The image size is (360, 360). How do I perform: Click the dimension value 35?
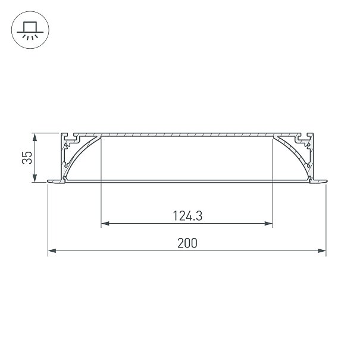coord(27,158)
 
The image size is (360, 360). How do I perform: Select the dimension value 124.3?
coord(187,216)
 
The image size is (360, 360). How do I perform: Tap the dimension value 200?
coord(187,243)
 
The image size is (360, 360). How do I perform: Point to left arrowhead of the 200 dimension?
coord(52,251)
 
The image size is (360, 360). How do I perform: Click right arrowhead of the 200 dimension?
coord(322,251)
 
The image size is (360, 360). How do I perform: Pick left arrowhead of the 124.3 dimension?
coord(105,223)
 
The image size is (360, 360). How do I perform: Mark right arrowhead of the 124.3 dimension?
coord(268,223)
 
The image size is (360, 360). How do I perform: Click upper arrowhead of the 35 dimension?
coord(35,137)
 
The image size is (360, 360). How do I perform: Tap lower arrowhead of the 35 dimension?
coord(35,178)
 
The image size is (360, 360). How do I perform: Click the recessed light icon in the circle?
coord(30,30)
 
